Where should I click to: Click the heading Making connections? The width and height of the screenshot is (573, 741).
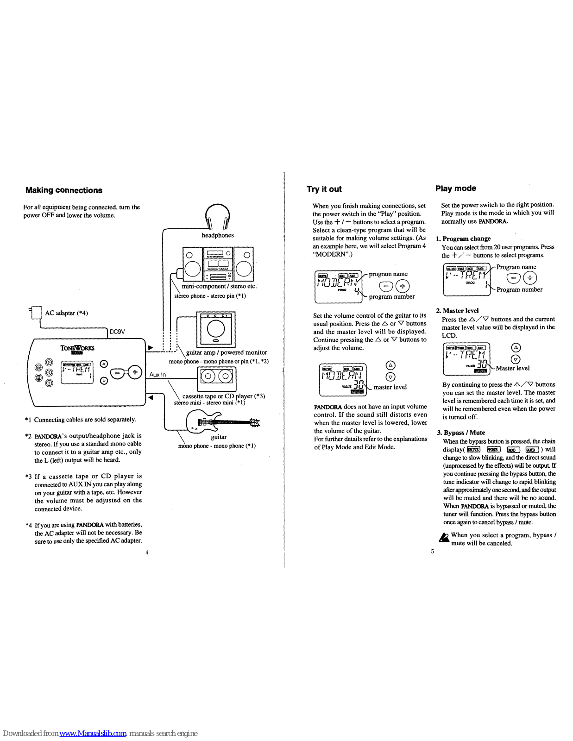click(x=64, y=190)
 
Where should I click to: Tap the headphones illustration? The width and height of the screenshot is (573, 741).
click(x=217, y=217)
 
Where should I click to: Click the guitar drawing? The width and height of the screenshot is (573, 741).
click(x=221, y=421)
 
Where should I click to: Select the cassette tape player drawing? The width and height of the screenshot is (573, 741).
click(x=216, y=378)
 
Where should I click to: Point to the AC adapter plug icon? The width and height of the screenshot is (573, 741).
click(x=35, y=313)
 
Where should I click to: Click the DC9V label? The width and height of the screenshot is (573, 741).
click(x=117, y=332)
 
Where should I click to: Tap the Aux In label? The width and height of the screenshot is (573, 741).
click(x=157, y=374)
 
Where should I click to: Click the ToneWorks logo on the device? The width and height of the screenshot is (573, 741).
click(x=77, y=349)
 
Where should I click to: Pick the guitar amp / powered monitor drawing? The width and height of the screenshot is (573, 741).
click(x=216, y=329)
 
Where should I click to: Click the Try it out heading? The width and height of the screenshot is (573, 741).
click(x=324, y=189)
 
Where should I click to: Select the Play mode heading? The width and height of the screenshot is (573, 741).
click(x=455, y=188)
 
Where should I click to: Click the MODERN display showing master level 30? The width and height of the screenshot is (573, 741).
click(x=343, y=379)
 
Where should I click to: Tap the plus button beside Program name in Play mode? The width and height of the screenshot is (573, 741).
click(x=530, y=278)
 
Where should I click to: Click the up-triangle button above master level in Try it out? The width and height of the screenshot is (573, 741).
click(x=390, y=365)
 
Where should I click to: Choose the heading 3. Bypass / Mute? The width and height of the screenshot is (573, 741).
click(x=461, y=433)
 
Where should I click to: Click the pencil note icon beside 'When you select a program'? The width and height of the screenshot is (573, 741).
click(x=444, y=537)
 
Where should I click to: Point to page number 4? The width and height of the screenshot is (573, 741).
click(x=147, y=552)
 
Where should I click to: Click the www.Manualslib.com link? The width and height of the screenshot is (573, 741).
click(x=93, y=733)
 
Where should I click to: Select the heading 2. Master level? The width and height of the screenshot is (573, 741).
click(x=457, y=311)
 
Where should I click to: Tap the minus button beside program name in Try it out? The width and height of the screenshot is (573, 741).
click(x=386, y=286)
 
